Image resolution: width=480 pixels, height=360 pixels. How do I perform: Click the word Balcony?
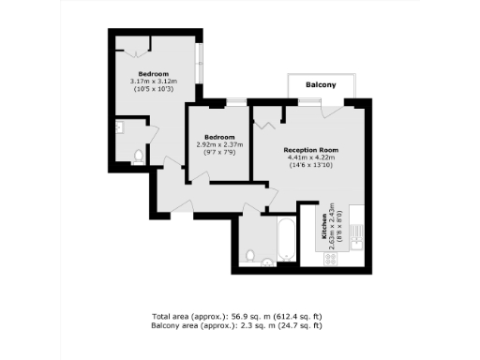(x=321, y=85)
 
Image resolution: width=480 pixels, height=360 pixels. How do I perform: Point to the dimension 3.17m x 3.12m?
(x=154, y=81)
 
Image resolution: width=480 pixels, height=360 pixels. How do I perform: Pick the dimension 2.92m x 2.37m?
(x=219, y=144)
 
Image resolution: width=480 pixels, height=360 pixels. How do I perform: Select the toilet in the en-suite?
(x=137, y=157)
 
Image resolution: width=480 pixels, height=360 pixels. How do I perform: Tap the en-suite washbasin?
(x=121, y=127)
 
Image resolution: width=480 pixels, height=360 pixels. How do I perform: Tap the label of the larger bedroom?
(x=154, y=73)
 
